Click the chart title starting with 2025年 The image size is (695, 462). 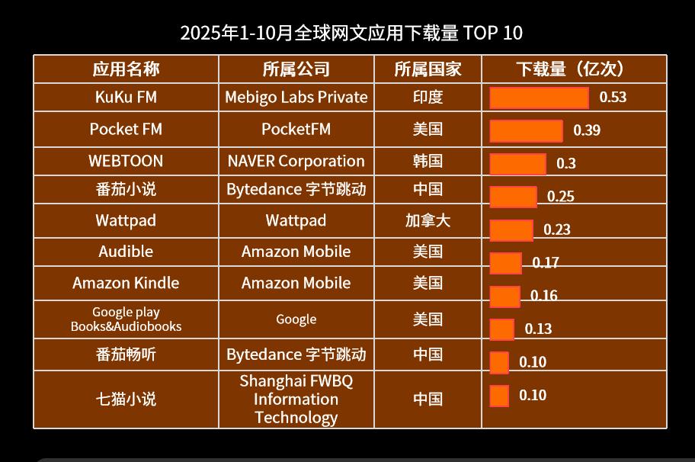point(351,34)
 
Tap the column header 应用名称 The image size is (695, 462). point(126,69)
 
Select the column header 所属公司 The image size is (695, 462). point(296,69)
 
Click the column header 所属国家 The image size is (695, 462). point(428,69)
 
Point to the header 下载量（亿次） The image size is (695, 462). point(573,69)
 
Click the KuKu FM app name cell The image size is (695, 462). point(126,98)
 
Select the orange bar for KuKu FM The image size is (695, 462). point(539,98)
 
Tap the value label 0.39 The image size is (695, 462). point(587,130)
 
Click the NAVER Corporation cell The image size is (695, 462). point(296,162)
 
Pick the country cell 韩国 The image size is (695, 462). point(428,162)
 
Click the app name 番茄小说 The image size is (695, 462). point(126,190)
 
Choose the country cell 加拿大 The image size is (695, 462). point(428,221)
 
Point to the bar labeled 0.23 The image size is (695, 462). point(511,230)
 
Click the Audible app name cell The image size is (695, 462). point(126,252)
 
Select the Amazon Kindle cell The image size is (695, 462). point(126,283)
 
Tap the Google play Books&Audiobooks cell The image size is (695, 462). point(126,319)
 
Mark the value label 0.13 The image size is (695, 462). point(538,329)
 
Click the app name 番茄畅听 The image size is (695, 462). point(126,355)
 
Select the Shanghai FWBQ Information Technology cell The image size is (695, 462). point(296,399)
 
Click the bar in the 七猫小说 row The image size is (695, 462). point(499,396)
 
